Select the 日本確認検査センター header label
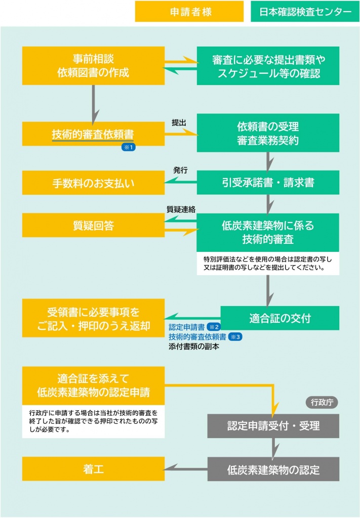pyautogui.click(x=305, y=12)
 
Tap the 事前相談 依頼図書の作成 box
pyautogui.click(x=93, y=66)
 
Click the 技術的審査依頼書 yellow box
pyautogui.click(x=93, y=134)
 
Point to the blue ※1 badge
pyautogui.click(x=129, y=147)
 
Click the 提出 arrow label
pyautogui.click(x=179, y=123)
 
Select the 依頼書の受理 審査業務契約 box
pyautogui.click(x=268, y=133)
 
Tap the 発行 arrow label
pyautogui.click(x=180, y=170)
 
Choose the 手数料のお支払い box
pyautogui.click(x=93, y=183)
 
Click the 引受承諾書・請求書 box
pyautogui.click(x=268, y=182)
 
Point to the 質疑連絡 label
pyautogui.click(x=181, y=209)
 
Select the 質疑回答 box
pyautogui.click(x=93, y=225)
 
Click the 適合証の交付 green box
pyautogui.click(x=279, y=318)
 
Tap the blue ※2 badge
pyautogui.click(x=214, y=327)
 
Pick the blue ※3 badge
pyautogui.click(x=235, y=336)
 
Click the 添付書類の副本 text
pyautogui.click(x=194, y=347)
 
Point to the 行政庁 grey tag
pyautogui.click(x=322, y=402)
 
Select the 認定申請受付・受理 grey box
pyautogui.click(x=273, y=426)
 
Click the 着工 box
pyautogui.click(x=93, y=469)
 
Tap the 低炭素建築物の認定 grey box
pyautogui.click(x=273, y=469)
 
